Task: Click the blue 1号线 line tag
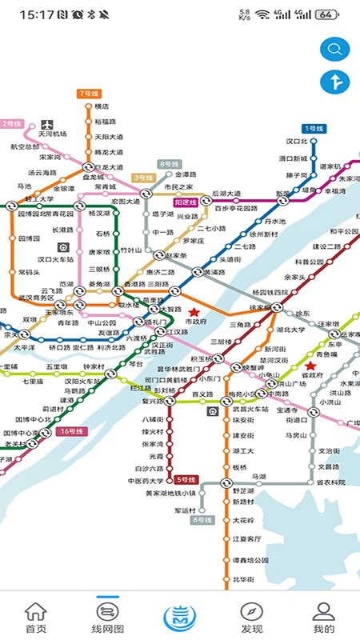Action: click(x=312, y=128)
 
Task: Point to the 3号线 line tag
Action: click(x=143, y=177)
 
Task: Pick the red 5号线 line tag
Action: click(x=186, y=480)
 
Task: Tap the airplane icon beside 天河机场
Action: click(x=47, y=124)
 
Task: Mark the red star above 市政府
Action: click(x=194, y=311)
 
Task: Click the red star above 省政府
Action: click(x=310, y=366)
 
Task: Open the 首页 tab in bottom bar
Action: click(x=35, y=617)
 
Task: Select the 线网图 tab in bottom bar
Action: click(x=108, y=617)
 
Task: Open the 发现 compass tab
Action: click(x=251, y=617)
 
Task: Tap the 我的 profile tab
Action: click(x=323, y=617)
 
